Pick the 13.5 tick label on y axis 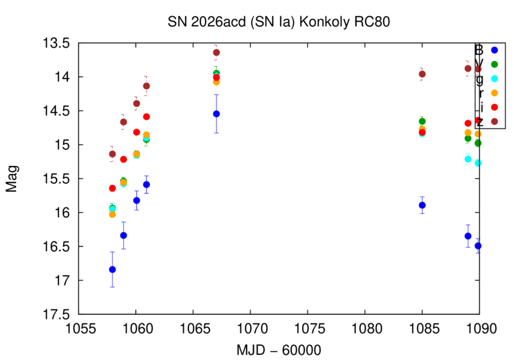pyautogui.click(x=57, y=43)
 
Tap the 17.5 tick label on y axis pyautogui.click(x=57, y=314)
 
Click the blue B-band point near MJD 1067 pyautogui.click(x=217, y=114)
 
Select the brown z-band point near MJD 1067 pyautogui.click(x=217, y=52)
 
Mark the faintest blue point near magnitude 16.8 pyautogui.click(x=112, y=269)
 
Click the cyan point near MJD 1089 pyautogui.click(x=468, y=159)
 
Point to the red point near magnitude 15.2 pyautogui.click(x=123, y=159)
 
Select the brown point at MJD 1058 pyautogui.click(x=112, y=154)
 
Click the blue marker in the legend pyautogui.click(x=494, y=50)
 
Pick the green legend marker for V pyautogui.click(x=494, y=64)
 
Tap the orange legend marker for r pyautogui.click(x=494, y=93)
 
